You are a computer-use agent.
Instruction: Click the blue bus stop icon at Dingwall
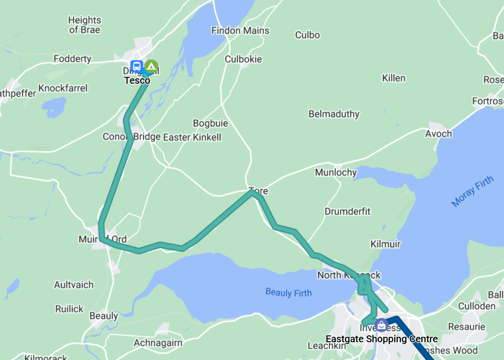[137, 65]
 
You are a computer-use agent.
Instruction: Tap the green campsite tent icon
[152, 65]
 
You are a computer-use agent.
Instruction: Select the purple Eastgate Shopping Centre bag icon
[381, 325]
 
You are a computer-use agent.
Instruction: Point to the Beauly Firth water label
[288, 293]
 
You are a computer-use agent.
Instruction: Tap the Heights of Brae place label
[85, 25]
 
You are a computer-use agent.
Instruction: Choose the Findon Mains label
[240, 31]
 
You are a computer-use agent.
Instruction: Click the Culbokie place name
[243, 59]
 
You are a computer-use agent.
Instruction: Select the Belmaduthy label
[334, 114]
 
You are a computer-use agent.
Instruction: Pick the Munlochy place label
[336, 172]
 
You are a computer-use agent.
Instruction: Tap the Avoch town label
[438, 133]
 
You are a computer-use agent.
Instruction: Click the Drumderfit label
[347, 211]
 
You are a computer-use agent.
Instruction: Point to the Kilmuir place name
[385, 244]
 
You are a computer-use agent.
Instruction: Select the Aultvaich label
[74, 285]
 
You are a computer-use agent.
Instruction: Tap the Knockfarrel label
[63, 88]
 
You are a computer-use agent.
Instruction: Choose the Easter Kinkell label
[192, 137]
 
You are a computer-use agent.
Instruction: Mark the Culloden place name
[476, 306]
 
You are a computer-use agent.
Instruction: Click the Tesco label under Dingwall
[137, 80]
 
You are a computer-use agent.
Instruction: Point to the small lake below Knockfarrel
[54, 107]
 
